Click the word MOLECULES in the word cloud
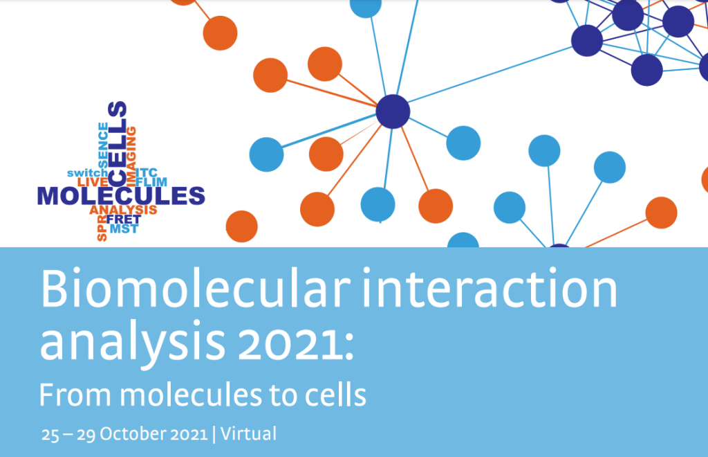point(121,196)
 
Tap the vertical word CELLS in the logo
point(118,143)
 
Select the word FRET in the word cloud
point(124,219)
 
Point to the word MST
point(124,229)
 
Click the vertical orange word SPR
point(102,228)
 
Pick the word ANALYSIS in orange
point(123,210)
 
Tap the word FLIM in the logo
point(151,181)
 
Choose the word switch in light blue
point(88,173)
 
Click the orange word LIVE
point(93,181)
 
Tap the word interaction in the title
point(490,289)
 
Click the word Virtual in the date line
point(248,434)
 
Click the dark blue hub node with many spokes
point(393,111)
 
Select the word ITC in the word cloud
point(147,172)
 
